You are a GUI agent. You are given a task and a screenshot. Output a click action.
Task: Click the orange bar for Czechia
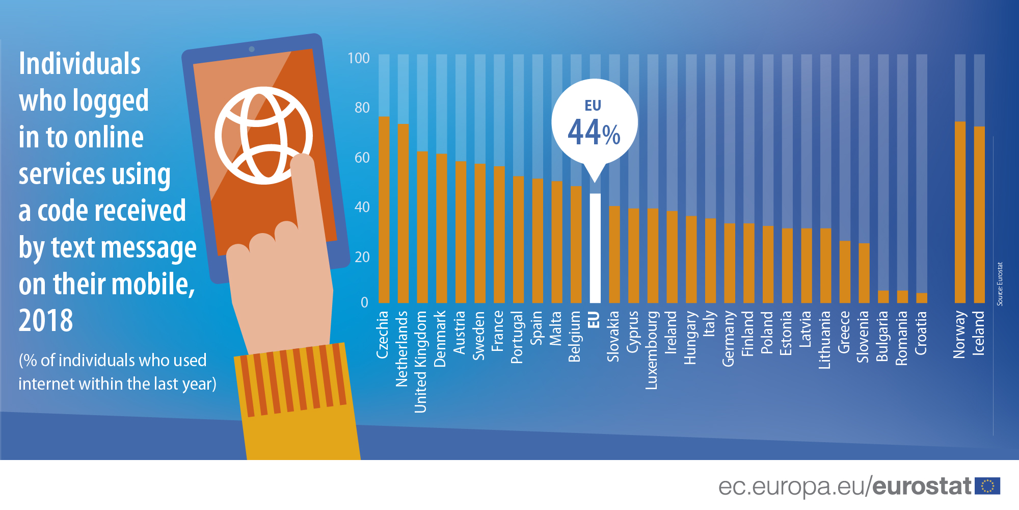384,210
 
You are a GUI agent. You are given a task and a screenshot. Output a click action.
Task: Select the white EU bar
595,248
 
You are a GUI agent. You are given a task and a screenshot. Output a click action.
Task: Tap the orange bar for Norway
960,212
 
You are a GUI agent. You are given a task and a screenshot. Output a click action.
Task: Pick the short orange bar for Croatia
922,298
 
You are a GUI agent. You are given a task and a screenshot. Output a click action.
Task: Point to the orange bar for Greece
845,272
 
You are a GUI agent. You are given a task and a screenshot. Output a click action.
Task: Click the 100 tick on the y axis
359,58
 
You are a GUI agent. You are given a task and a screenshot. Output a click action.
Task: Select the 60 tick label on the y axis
362,158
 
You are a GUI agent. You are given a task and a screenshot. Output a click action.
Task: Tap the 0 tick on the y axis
364,302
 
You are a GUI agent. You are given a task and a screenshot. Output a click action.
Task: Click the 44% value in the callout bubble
594,133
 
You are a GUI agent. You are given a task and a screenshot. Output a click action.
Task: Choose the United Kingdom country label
421,362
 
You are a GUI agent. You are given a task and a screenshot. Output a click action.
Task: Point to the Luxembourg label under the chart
652,350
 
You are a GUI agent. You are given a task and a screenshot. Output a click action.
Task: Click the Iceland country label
979,333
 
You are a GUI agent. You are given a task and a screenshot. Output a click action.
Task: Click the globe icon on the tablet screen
263,136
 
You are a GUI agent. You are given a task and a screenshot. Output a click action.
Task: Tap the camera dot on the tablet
252,49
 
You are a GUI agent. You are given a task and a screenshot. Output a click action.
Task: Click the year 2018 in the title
46,321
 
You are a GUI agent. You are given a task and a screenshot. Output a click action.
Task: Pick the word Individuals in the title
79,64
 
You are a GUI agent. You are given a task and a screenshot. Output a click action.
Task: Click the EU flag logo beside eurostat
987,486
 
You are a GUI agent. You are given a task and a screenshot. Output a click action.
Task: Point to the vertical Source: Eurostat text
1000,284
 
